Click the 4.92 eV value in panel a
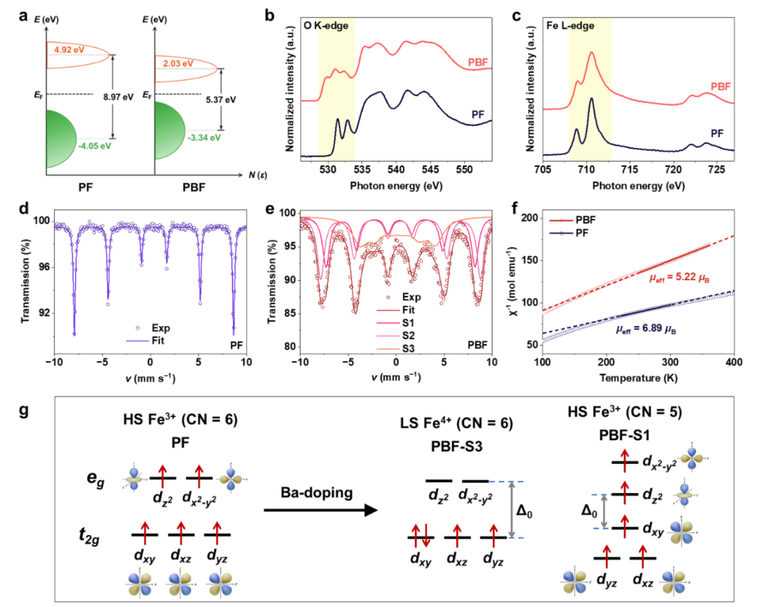point(64,49)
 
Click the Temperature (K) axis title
point(638,378)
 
